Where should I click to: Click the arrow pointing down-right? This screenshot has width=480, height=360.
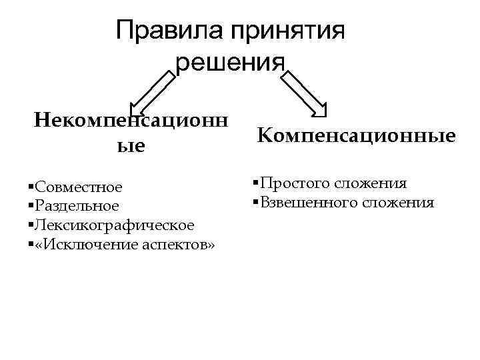pyautogui.click(x=304, y=93)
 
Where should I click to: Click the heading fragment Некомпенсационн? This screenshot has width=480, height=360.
pyautogui.click(x=131, y=121)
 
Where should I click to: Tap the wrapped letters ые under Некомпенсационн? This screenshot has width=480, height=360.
pyautogui.click(x=131, y=146)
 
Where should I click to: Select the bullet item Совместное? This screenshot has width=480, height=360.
pyautogui.click(x=79, y=186)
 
